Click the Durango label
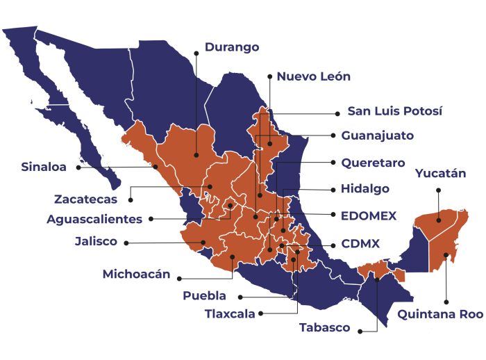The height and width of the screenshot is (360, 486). click(231, 48)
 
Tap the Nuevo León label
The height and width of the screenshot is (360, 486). click(313, 77)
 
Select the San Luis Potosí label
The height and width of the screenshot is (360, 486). click(394, 111)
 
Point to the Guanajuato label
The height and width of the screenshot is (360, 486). click(377, 136)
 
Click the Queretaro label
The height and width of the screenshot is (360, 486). click(373, 163)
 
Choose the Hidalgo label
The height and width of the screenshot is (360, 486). click(364, 189)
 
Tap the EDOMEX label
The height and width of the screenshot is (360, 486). click(369, 216)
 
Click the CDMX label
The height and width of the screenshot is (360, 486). click(360, 245)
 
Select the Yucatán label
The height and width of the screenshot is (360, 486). click(440, 174)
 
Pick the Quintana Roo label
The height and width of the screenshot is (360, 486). click(440, 314)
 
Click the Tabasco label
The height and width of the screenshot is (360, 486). click(324, 328)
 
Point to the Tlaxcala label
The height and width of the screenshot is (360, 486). click(230, 313)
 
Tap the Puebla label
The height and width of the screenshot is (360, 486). click(204, 296)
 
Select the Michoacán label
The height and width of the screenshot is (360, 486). click(136, 274)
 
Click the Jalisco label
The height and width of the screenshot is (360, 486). click(96, 243)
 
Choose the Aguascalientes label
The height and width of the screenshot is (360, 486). click(94, 219)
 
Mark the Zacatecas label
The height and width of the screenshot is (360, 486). click(85, 199)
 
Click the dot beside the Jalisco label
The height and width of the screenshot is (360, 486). click(127, 243)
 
